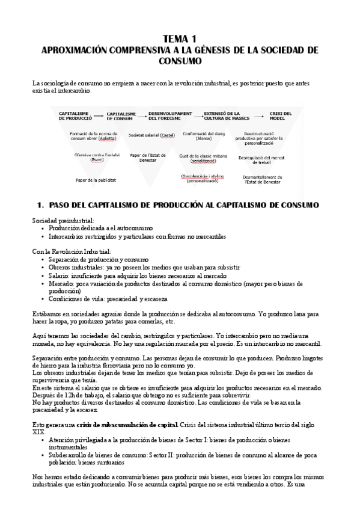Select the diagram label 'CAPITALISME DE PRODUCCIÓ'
coord(75,115)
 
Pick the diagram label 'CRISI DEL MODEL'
coord(280,115)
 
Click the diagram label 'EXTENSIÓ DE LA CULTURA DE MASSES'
coord(227,115)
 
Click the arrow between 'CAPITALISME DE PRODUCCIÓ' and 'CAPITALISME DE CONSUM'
coord(100,115)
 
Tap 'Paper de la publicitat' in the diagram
coord(78,180)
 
